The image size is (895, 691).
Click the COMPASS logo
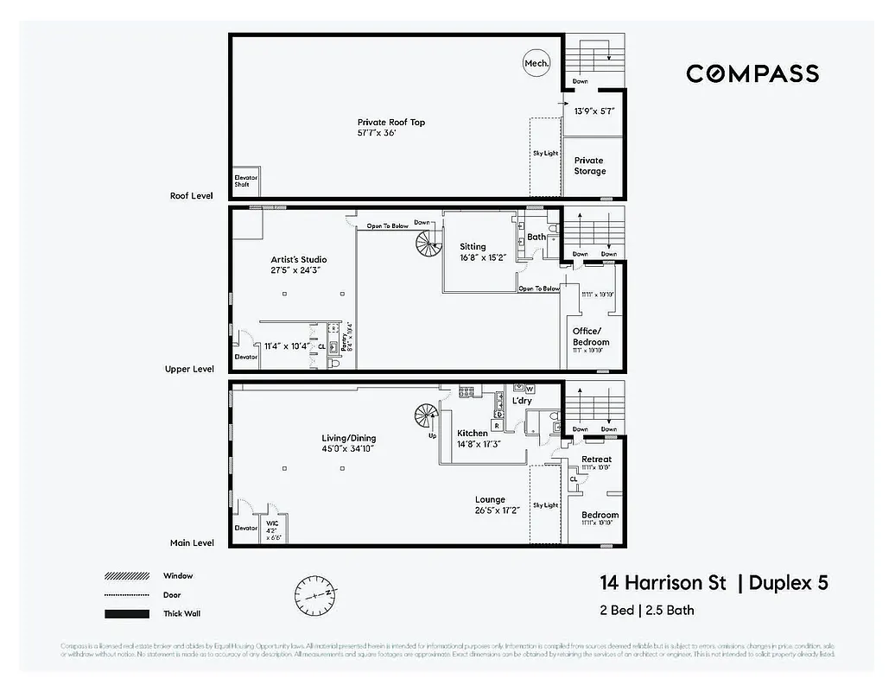click(752, 73)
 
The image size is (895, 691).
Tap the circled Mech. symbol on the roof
click(536, 63)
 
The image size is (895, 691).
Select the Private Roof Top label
click(391, 123)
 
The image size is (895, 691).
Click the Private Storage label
click(589, 166)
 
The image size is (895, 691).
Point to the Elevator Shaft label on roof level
click(246, 182)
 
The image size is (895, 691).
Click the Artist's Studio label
click(298, 259)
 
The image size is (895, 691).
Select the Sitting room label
click(473, 247)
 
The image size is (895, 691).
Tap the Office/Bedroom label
click(591, 337)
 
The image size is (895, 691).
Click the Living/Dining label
click(348, 439)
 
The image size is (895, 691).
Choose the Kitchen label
click(473, 434)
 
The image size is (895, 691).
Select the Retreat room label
click(596, 460)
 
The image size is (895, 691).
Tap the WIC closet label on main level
click(273, 523)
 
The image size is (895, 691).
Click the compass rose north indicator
click(316, 595)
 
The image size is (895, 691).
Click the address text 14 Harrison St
click(663, 583)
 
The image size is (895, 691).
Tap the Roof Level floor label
click(191, 196)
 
